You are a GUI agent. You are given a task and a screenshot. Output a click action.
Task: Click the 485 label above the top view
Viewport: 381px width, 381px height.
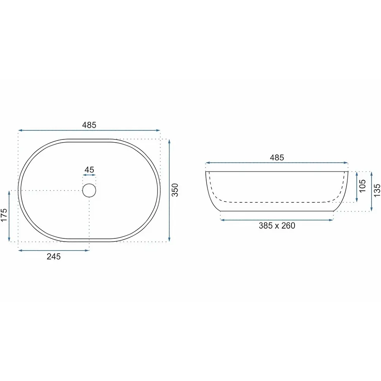tap(89, 125)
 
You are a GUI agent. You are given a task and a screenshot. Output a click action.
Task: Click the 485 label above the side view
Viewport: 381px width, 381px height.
tap(277, 158)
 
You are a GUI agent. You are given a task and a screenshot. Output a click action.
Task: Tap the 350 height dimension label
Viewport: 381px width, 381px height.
tap(175, 190)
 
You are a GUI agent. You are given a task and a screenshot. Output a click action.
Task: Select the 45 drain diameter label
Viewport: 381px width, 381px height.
tap(89, 170)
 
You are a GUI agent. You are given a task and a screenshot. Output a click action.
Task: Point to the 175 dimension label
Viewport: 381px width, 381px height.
tap(4, 215)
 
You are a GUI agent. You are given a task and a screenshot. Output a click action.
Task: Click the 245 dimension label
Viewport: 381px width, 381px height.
tap(54, 256)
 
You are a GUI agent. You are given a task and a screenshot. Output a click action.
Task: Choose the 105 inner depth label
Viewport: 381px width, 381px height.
tap(362, 186)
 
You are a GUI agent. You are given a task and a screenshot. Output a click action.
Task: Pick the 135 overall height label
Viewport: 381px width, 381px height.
tap(377, 190)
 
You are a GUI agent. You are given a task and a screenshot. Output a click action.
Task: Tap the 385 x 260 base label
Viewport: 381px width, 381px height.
tap(277, 225)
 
